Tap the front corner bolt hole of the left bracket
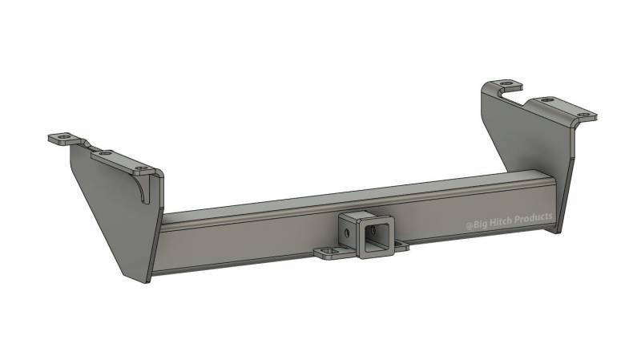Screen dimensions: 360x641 142,169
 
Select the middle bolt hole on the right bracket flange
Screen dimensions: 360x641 547,99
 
